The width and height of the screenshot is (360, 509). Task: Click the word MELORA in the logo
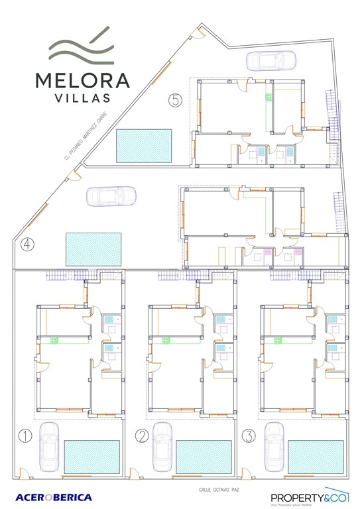click(x=83, y=80)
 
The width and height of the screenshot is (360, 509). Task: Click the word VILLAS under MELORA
click(x=83, y=99)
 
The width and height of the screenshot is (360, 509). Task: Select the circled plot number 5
click(x=176, y=100)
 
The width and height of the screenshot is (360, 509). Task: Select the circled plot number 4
click(x=27, y=245)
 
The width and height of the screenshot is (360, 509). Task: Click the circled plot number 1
click(x=25, y=435)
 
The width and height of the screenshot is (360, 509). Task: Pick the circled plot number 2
click(x=142, y=435)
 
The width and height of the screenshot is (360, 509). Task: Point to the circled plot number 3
click(x=248, y=435)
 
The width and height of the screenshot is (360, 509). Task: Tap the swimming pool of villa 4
click(x=93, y=249)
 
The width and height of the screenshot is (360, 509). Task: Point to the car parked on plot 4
click(x=111, y=196)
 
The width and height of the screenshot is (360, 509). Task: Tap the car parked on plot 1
click(x=49, y=445)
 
